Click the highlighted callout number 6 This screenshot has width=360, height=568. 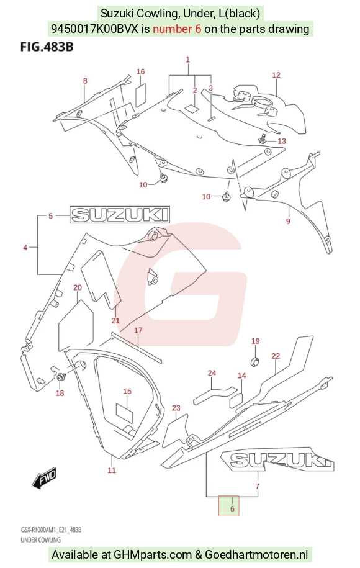tap(232, 508)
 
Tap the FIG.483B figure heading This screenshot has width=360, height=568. tap(47, 47)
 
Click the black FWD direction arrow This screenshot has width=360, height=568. tap(44, 477)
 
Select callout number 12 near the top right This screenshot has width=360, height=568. tap(276, 75)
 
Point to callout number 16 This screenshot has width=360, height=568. tap(140, 71)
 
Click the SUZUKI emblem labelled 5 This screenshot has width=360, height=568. tap(120, 214)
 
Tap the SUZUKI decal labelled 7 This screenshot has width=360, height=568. tap(277, 460)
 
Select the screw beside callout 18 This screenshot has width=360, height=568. tap(60, 377)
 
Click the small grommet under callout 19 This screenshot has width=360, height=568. tap(256, 361)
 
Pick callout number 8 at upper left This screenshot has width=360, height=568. tap(85, 81)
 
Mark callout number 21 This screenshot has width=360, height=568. tap(115, 320)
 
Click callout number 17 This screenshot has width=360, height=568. tap(138, 330)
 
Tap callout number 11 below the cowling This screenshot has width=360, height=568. tap(112, 470)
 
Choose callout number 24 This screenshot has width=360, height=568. tap(212, 372)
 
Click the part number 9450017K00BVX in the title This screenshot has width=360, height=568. tap(95, 29)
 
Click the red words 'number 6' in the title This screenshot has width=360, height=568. tap(177, 29)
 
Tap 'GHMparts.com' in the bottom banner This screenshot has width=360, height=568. tap(153, 554)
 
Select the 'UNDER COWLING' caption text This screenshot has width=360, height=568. tap(40, 539)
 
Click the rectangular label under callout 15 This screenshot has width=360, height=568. tap(125, 411)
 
